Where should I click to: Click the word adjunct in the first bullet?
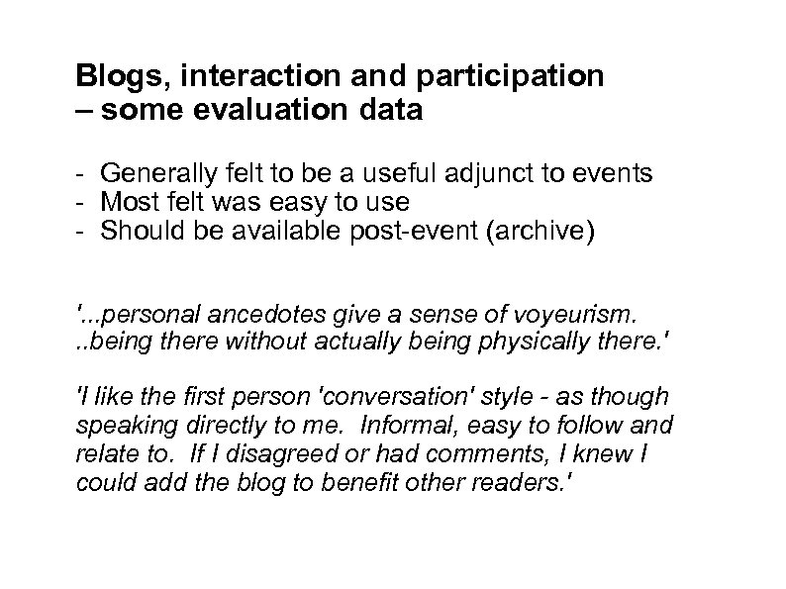click(492, 174)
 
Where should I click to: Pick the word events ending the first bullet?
click(610, 174)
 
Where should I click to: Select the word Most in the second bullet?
click(124, 202)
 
